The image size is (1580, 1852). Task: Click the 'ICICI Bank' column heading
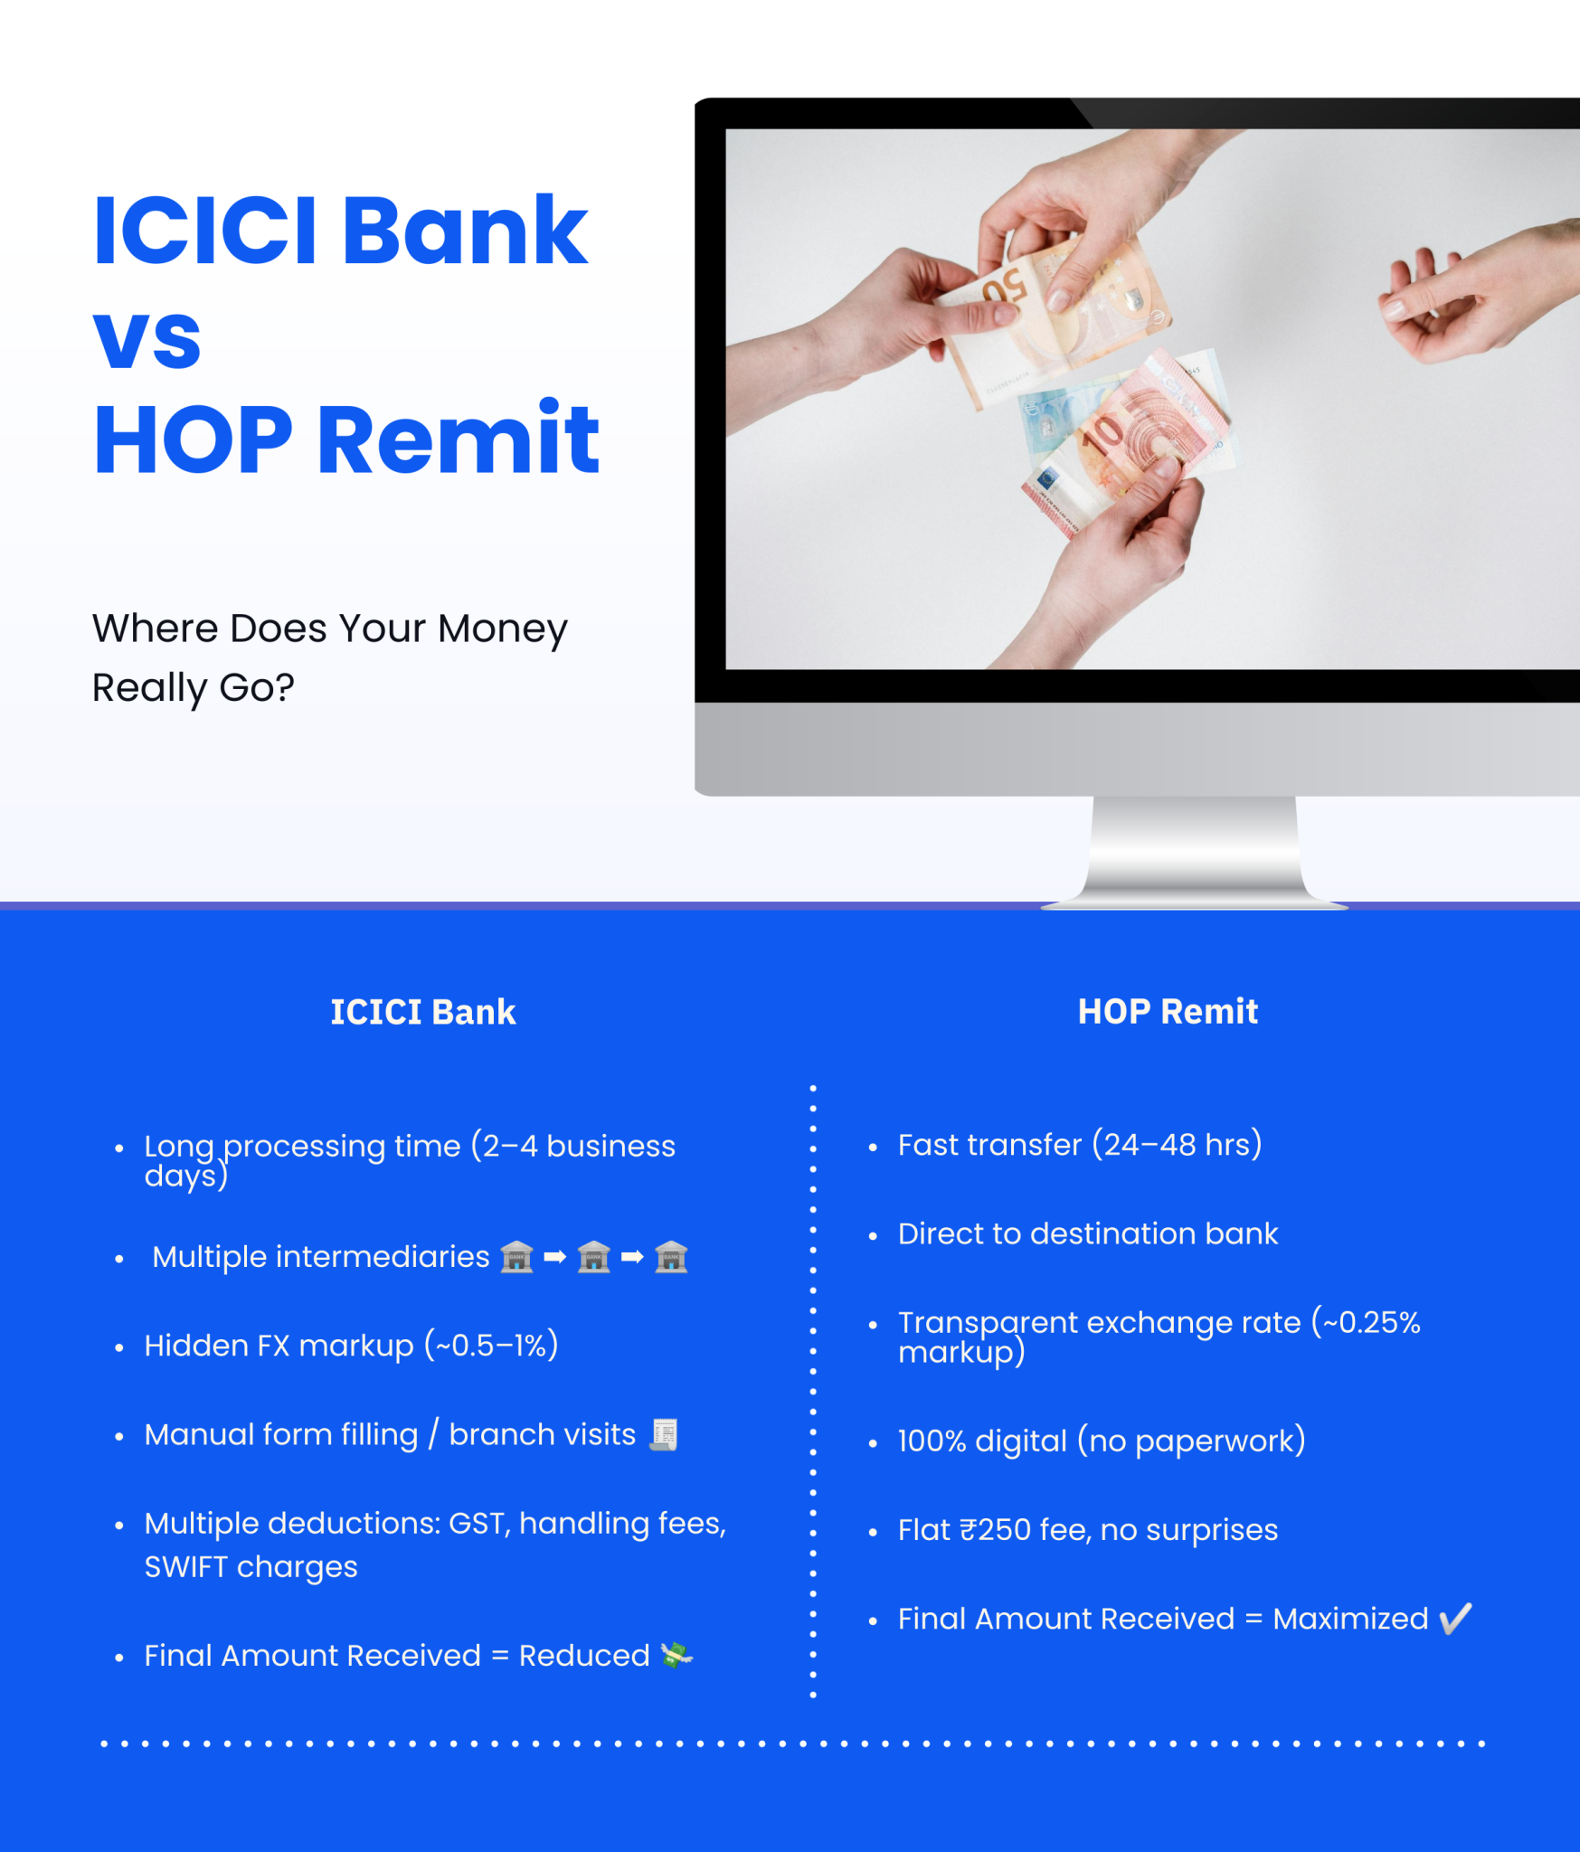coord(422,1012)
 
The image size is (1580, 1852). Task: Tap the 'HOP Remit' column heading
coord(1167,1011)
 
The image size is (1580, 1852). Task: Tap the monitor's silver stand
coord(1194,850)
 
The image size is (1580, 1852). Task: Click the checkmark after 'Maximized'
coord(1455,1618)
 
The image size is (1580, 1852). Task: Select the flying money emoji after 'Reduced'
coord(676,1655)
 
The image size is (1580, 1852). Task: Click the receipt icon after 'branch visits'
coord(664,1434)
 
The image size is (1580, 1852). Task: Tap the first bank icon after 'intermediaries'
coord(517,1257)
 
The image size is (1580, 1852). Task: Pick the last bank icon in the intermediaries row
coord(671,1257)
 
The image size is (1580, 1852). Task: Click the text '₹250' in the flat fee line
coord(995,1530)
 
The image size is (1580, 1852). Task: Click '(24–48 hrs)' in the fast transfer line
coord(1177,1145)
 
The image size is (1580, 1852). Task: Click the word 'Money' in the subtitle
coord(502,628)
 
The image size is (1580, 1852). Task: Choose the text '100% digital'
coord(982,1441)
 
